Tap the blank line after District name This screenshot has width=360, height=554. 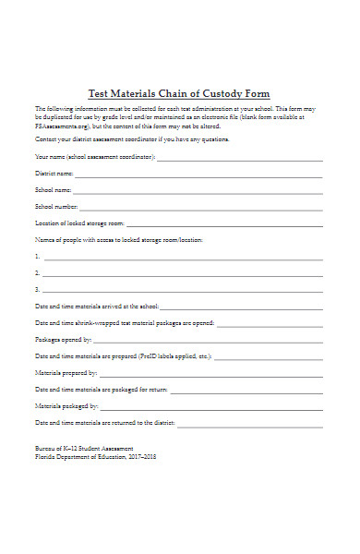(x=199, y=174)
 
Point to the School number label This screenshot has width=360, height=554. (x=56, y=207)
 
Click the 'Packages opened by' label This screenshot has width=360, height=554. (x=64, y=339)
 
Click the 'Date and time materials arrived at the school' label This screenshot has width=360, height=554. (x=97, y=306)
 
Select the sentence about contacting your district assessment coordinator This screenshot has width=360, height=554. (x=132, y=138)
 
